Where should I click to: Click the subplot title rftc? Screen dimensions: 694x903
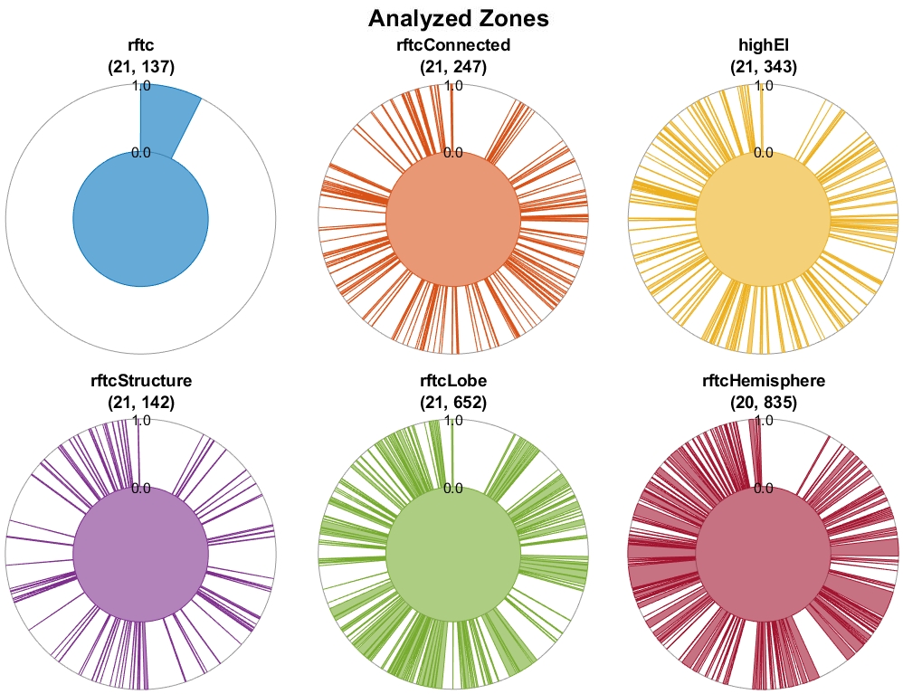point(140,45)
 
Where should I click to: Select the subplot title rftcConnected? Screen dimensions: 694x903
point(453,45)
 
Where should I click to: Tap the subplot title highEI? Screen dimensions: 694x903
point(763,45)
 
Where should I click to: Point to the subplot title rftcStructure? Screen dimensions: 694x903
point(140,381)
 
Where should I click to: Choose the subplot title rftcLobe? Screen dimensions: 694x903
point(453,381)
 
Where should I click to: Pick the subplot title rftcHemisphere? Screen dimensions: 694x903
point(763,381)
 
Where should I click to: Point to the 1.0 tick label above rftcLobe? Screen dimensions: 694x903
point(453,421)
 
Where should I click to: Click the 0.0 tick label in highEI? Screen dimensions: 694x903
point(763,153)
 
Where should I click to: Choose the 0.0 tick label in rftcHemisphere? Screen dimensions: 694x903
point(763,489)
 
